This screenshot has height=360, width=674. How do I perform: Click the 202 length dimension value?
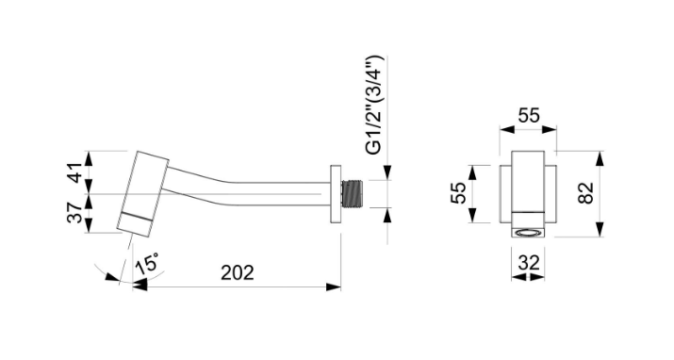click(238, 272)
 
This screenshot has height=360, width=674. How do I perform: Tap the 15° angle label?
click(147, 263)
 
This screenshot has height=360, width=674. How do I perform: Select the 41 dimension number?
click(74, 172)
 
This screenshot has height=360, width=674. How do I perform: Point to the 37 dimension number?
click(74, 213)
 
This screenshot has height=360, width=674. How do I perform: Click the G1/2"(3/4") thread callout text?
click(373, 105)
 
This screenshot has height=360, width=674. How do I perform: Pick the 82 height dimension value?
click(586, 193)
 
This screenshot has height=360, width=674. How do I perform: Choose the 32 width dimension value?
click(528, 263)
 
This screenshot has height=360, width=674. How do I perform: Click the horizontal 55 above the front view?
click(528, 116)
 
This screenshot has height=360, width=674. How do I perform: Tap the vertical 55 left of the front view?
click(458, 193)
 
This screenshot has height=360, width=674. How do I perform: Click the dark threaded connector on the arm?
click(353, 194)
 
